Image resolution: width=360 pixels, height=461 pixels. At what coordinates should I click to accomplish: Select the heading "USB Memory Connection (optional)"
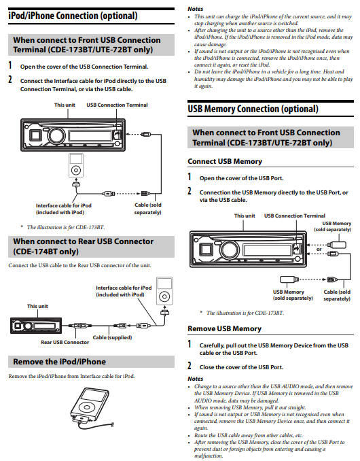point(253,109)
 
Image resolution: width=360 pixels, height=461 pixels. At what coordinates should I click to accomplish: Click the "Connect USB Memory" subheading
point(224,162)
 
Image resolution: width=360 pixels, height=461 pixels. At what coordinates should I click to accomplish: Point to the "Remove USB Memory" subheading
point(224,328)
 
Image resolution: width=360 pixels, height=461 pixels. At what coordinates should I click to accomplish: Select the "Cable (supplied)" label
point(113,337)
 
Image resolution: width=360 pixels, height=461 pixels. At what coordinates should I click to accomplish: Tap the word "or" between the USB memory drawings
point(319,248)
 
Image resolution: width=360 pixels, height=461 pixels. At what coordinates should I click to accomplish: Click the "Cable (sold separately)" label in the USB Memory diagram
point(336,295)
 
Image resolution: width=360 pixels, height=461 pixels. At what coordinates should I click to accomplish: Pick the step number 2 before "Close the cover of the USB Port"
point(190,366)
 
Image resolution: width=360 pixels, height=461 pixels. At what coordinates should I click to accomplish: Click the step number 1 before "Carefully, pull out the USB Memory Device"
point(190,345)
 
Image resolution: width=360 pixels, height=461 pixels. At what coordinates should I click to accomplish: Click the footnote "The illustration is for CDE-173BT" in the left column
point(62,226)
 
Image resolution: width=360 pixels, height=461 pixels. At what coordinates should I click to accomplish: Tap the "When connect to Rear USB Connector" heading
point(83,246)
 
